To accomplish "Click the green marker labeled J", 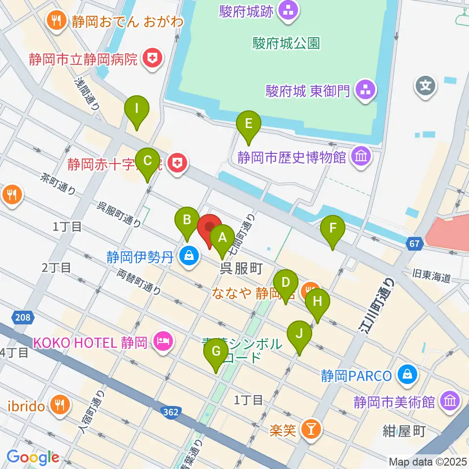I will [299, 335].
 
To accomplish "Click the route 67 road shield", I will [415, 243].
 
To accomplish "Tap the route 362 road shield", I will [171, 413].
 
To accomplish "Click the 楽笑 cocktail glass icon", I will [310, 430].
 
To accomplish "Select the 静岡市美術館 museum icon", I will [449, 402].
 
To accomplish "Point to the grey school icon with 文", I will [426, 86].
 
